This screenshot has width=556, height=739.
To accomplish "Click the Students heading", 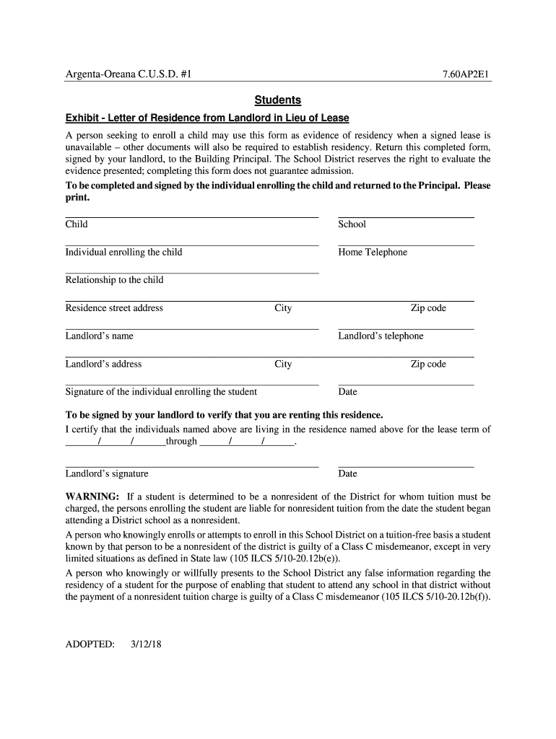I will [x=277, y=100].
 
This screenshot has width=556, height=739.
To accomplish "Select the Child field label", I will [x=77, y=224].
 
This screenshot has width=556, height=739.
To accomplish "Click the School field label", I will [x=352, y=224].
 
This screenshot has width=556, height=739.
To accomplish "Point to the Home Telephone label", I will [x=373, y=253].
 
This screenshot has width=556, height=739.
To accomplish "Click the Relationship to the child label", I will [x=114, y=280].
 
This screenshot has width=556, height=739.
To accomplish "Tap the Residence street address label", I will [x=114, y=308].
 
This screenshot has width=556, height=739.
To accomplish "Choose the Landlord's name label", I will [x=100, y=336].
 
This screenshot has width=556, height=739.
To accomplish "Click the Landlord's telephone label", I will [x=381, y=336].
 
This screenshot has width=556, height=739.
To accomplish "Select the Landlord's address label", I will [x=103, y=364].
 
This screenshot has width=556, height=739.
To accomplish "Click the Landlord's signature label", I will [x=107, y=474].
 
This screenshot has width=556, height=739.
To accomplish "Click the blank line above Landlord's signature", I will [x=191, y=466].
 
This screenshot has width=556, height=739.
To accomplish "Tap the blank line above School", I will [x=406, y=217].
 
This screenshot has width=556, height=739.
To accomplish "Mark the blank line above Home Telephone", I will [x=406, y=245].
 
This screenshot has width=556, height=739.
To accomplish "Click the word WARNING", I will [x=92, y=497].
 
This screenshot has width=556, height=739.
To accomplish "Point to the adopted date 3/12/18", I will [x=147, y=644].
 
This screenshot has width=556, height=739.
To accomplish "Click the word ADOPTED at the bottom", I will [x=90, y=644].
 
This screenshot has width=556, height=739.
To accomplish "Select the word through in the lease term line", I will [x=181, y=441].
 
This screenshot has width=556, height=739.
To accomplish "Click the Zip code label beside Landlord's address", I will [x=428, y=364].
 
